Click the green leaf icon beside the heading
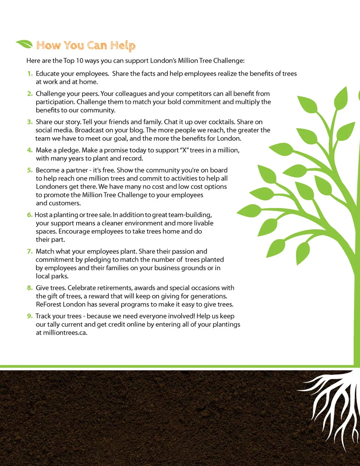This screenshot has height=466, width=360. click(24, 44)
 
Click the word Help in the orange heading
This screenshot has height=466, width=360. click(123, 46)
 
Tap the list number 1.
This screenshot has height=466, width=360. click(30, 74)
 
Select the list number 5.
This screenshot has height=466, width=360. click(30, 170)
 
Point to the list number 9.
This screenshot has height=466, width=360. click(30, 316)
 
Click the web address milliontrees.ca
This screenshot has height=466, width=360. click(65, 333)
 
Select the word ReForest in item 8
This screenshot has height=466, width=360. click(49, 304)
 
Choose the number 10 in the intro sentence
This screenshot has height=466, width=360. click(79, 61)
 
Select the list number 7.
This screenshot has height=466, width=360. click(30, 251)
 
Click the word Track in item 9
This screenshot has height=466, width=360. click(43, 316)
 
